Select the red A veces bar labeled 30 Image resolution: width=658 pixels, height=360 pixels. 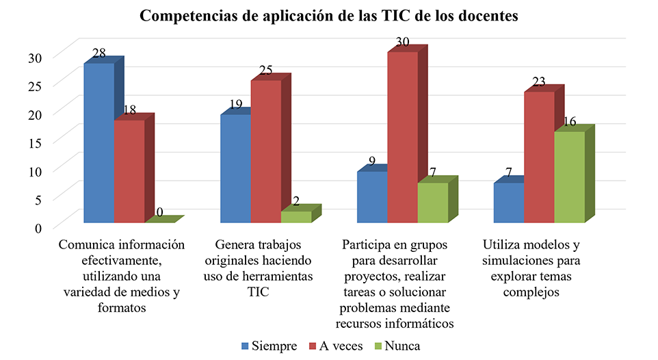tap(402, 137)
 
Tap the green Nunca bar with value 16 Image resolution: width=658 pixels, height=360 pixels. tap(569, 177)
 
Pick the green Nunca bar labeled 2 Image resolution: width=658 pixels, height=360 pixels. tap(295, 216)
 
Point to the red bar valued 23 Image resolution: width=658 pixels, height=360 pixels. tap(539, 157)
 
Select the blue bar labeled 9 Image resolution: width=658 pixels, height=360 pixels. tap(372, 196)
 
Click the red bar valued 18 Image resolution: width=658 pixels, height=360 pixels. tap(129, 171)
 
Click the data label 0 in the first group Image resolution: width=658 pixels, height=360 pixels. tap(159, 213)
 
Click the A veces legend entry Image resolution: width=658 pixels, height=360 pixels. tap(337, 346)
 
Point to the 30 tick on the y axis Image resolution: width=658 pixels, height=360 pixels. tap(34, 57)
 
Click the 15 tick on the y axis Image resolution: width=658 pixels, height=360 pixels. tap(34, 142)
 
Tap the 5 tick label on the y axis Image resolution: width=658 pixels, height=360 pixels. tap(38, 199)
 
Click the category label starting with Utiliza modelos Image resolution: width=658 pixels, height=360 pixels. tap(531, 268)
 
